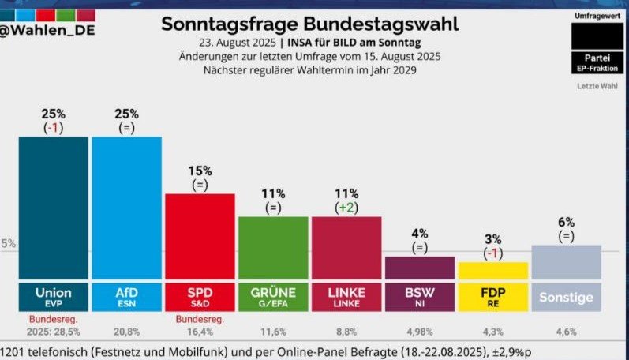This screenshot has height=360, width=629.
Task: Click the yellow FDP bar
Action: tap(492, 270)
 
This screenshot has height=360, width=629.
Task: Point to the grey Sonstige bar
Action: tap(566, 261)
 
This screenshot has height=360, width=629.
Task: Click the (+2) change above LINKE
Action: tap(346, 207)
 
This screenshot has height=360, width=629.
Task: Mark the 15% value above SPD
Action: tap(200, 170)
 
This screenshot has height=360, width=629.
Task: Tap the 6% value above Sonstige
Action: tap(566, 222)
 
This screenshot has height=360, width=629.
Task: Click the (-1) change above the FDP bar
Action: tap(492, 253)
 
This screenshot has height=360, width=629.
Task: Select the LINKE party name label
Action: tap(346, 292)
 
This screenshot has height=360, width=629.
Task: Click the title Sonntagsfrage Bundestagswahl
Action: tap(309, 24)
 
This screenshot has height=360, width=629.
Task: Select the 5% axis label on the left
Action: tap(8, 244)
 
